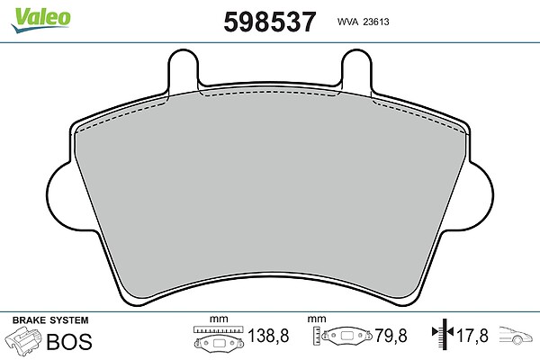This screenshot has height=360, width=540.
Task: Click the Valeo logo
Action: (x=40, y=20)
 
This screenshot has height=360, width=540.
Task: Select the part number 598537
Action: (x=270, y=22)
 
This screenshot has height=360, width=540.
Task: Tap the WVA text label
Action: (x=347, y=22)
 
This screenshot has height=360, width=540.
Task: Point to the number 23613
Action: (x=376, y=22)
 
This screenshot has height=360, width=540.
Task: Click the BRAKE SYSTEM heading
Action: (x=50, y=320)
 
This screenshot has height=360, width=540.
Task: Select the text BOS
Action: (x=69, y=341)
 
